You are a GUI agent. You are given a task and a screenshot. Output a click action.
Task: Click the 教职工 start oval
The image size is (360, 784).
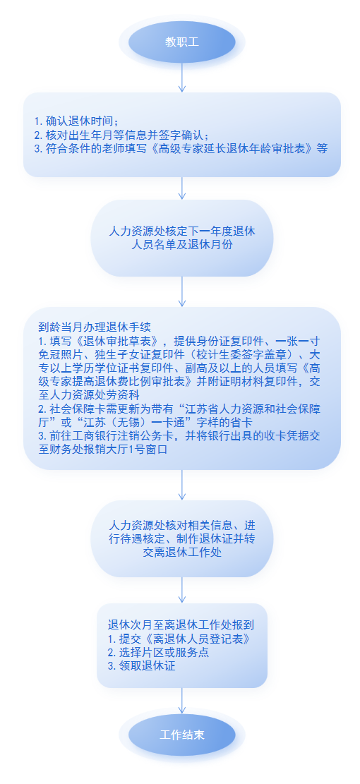coord(182,42)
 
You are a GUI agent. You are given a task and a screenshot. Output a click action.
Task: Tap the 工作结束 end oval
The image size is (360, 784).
coord(182,735)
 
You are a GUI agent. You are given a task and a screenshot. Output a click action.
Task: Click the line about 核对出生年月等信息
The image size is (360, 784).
coord(121,135)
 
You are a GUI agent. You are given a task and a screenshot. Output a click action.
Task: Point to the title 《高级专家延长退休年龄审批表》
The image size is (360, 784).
coord(232,149)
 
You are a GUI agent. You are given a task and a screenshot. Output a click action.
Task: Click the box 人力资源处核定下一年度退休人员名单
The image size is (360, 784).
coord(182,238)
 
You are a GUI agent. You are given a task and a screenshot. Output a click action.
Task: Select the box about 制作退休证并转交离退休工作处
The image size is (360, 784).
coord(182,539)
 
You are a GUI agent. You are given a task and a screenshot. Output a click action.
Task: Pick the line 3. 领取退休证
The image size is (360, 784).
coord(141,666)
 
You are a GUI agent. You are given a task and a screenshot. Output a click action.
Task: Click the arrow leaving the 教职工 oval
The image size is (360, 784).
coord(182,78)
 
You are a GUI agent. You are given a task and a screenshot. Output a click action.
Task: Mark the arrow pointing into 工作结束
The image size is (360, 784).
coord(182,701)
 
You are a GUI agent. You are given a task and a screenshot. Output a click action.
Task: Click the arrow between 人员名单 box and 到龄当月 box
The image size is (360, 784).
coord(182,291)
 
